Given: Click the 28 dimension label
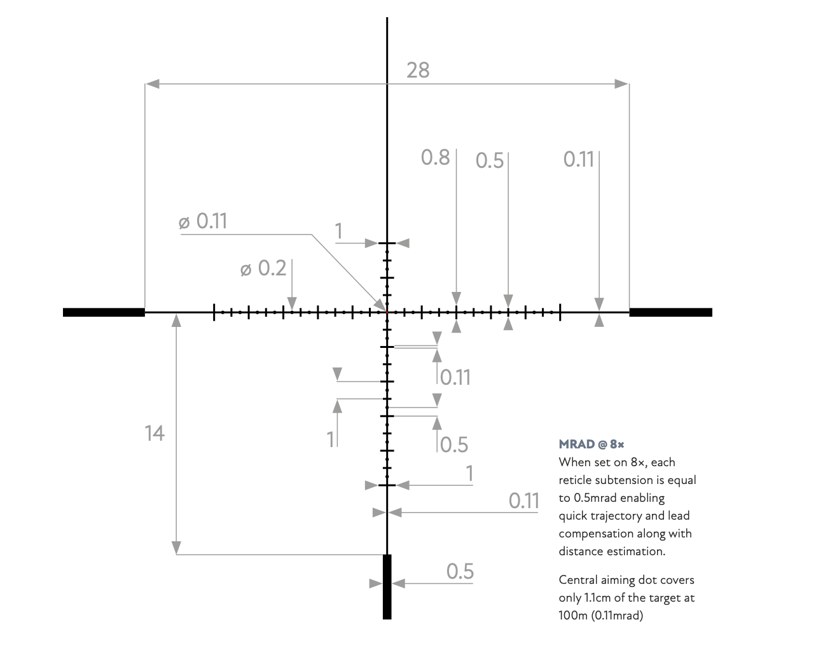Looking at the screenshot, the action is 418,70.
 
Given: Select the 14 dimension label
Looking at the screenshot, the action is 155,433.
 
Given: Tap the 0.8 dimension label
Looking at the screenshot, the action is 435,157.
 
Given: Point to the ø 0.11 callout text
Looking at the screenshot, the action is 203,221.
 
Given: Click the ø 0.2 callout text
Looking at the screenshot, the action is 263,268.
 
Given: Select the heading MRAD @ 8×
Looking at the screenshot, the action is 591,444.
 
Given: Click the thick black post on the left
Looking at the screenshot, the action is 104,312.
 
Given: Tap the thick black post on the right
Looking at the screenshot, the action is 670,312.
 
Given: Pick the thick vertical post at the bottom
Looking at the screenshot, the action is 387,586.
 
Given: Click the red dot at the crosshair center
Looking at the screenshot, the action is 387,312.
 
